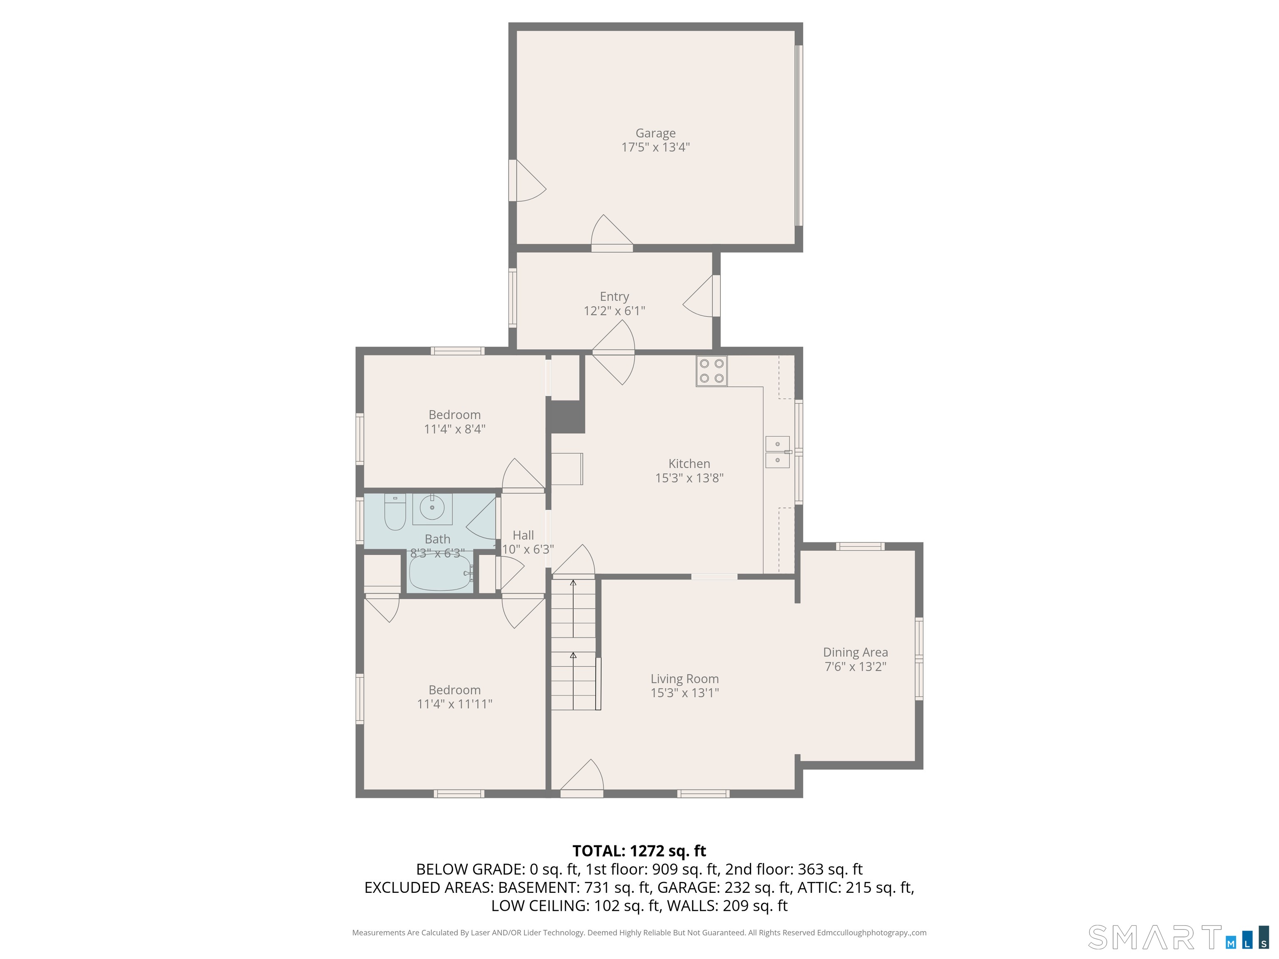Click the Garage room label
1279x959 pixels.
tap(656, 134)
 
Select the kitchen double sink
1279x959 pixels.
tap(778, 452)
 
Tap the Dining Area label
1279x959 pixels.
tap(856, 652)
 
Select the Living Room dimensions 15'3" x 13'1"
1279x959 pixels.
tap(684, 693)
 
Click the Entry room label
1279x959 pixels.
tap(615, 296)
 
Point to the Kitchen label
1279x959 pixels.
tap(689, 464)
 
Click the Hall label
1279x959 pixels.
tap(523, 535)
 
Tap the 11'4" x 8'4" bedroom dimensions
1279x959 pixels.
tap(455, 429)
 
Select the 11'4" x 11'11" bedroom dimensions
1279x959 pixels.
tap(455, 704)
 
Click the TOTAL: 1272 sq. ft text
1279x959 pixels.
tap(639, 851)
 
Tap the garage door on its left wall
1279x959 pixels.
tap(528, 180)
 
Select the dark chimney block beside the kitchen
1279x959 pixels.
tap(567, 416)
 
